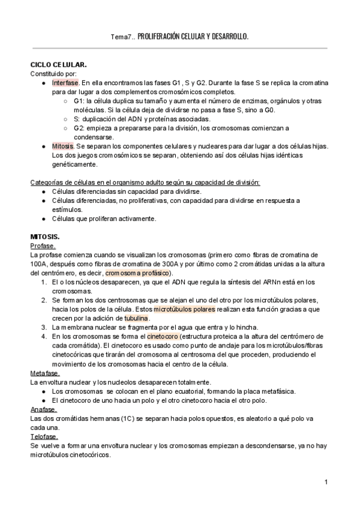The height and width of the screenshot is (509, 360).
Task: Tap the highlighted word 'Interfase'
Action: (x=65, y=82)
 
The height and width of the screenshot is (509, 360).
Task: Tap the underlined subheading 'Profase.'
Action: (x=43, y=246)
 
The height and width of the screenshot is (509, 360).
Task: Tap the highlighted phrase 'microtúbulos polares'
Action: (x=184, y=309)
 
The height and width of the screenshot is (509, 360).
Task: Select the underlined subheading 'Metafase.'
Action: (x=45, y=373)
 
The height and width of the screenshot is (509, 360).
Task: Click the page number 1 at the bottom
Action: (x=325, y=483)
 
